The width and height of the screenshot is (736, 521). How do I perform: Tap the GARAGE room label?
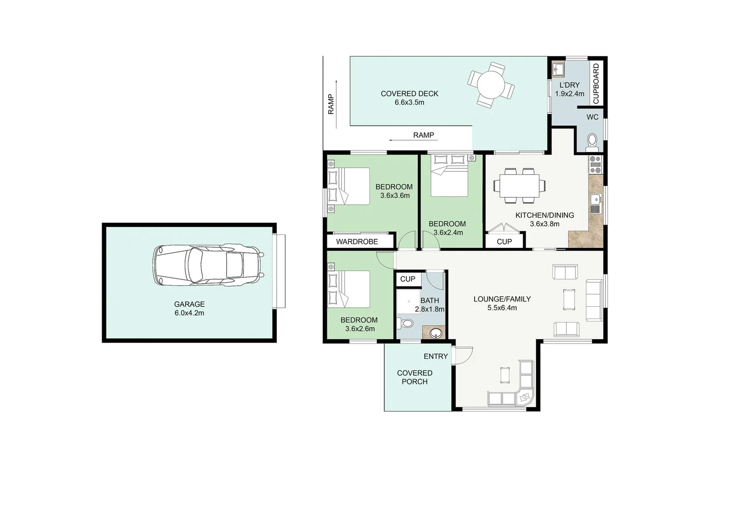189,304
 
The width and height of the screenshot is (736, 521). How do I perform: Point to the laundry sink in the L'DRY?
558,69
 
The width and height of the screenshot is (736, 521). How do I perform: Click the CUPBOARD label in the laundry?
596,83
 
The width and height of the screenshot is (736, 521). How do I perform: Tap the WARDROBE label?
357,241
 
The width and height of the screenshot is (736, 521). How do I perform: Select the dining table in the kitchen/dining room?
519,185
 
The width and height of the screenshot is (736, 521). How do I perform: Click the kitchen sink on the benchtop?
595,198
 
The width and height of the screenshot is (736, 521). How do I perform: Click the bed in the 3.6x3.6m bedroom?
349,186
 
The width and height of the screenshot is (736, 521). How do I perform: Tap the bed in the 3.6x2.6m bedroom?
349,289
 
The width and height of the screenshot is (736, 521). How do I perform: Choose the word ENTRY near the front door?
436,356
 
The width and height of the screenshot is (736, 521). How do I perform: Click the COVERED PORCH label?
415,377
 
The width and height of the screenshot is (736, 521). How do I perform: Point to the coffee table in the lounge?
569,299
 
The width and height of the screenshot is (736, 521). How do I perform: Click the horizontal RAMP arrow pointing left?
413,140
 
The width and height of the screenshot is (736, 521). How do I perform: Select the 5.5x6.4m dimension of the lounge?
502,308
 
